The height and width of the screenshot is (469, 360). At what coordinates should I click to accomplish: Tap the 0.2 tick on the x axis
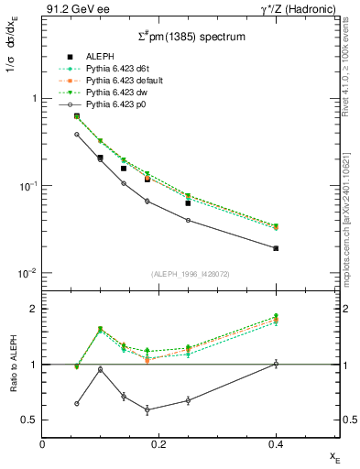[159, 443]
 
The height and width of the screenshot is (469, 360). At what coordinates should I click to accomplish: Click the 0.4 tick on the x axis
[276, 443]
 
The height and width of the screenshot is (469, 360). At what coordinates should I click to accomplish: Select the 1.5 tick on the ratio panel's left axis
[31, 336]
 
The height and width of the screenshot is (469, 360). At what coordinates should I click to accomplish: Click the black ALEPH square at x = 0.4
[276, 248]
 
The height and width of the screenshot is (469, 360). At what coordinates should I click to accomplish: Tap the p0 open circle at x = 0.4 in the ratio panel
[276, 364]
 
